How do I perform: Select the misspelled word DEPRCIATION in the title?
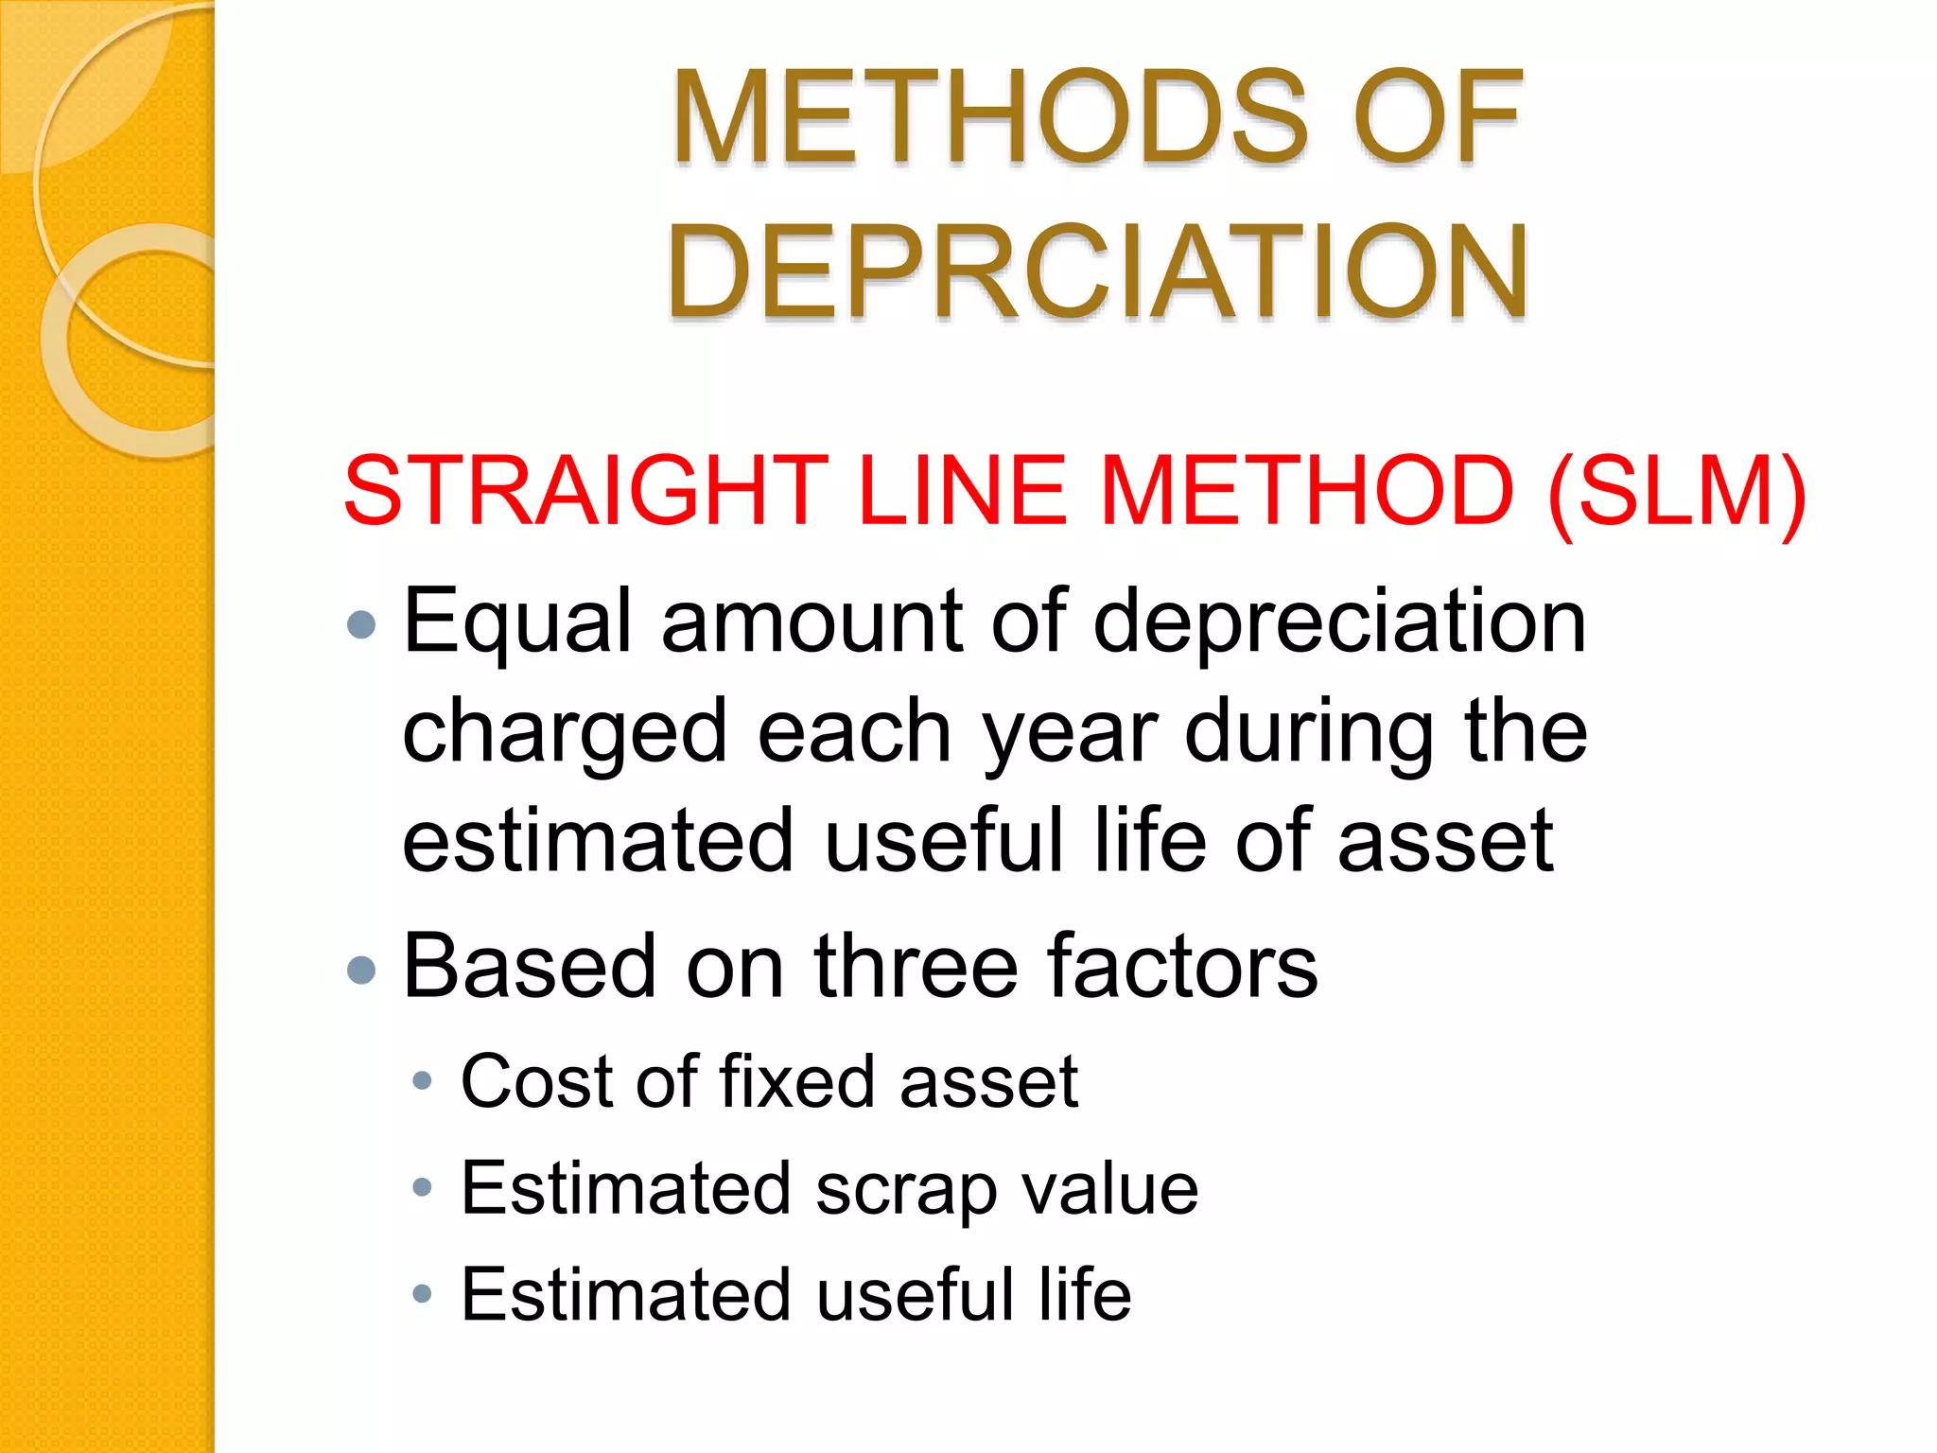[1097, 271]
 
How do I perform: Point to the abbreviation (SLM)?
[1677, 491]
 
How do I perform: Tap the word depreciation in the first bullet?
[1339, 621]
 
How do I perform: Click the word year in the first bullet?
[1070, 734]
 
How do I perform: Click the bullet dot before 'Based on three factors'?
[362, 970]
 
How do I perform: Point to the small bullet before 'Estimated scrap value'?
[423, 1187]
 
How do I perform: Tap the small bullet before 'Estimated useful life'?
[423, 1293]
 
